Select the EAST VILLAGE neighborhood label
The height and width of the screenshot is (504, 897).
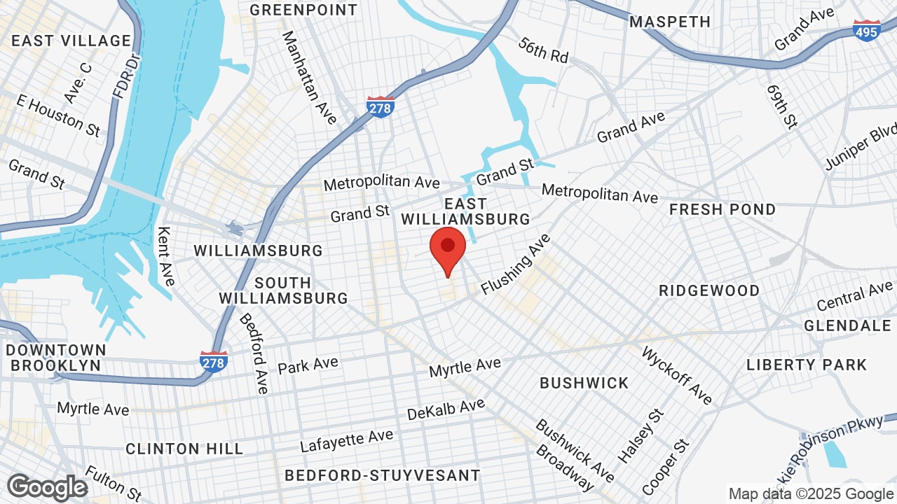71,41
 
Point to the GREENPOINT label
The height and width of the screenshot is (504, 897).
303,10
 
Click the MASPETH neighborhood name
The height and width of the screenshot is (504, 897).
670,22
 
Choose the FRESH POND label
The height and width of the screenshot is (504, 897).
723,209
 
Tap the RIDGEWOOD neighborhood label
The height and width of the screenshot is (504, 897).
709,290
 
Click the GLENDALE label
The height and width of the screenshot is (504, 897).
847,325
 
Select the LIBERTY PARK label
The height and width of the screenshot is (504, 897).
807,365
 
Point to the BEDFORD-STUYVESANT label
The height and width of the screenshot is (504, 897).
383,476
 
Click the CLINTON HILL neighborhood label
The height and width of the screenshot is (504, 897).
184,449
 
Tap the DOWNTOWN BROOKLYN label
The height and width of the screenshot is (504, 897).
56,357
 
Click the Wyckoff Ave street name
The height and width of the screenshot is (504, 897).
676,375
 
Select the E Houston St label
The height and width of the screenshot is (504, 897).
58,115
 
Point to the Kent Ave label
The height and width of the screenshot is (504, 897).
166,256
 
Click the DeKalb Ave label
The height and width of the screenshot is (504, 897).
446,409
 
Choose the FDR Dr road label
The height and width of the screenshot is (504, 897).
123,76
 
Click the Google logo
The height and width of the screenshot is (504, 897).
48,487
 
